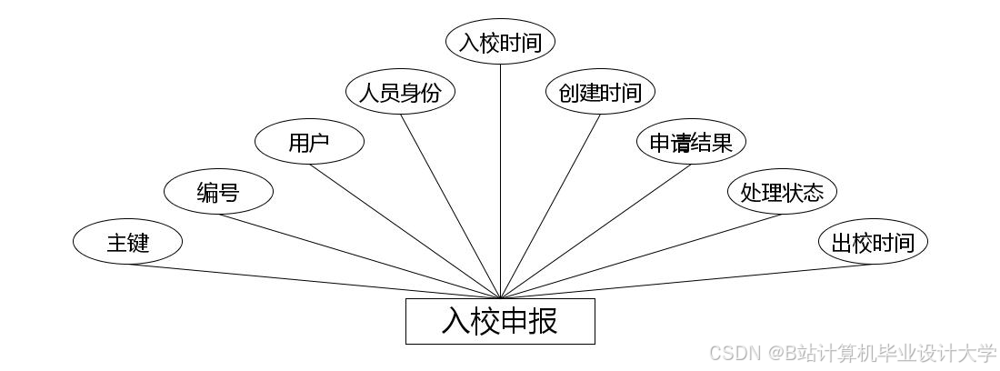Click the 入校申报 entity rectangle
pos(500,321)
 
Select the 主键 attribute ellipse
pos(127,242)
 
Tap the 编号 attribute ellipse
pos(218,192)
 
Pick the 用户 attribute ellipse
pos(309,142)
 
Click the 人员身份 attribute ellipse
pos(400,92)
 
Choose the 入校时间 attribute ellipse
pos(500,42)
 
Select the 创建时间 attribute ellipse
pos(600,92)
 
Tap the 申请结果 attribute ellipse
pos(691,142)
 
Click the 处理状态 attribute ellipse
pos(782,192)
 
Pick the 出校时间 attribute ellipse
pos(873,242)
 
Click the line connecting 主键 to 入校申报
pos(314,281)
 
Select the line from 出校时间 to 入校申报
pos(686,281)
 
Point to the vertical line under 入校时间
pos(500,182)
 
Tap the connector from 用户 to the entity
pos(405,231)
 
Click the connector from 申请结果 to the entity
pos(595,231)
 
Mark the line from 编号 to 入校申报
pos(359,256)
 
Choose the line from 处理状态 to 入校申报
pos(641,256)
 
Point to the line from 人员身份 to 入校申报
pos(450,206)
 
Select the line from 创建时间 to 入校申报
pos(550,206)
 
